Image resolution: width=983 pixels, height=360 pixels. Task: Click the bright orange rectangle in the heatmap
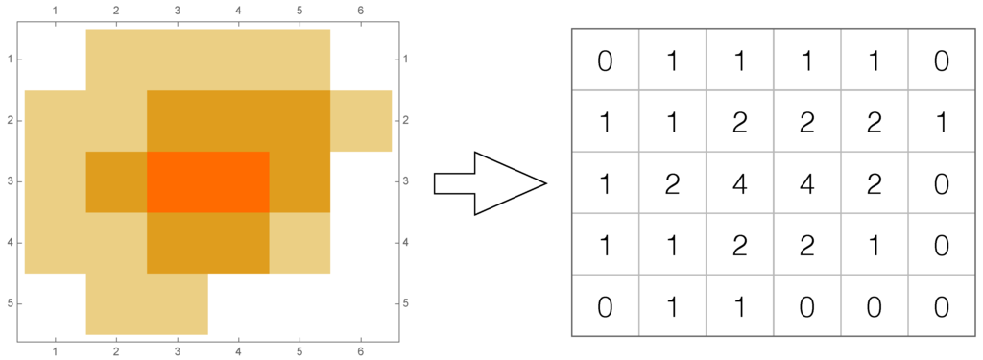coord(207,181)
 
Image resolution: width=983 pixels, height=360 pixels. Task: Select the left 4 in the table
coord(740,182)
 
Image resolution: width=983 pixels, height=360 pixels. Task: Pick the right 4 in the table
coord(807,182)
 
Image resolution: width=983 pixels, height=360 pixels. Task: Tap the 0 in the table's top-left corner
coord(605,61)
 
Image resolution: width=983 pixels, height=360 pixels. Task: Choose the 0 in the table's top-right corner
coord(942,61)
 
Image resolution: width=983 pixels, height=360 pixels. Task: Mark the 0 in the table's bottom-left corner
coord(605,306)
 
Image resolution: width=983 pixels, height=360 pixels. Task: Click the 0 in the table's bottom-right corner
coord(942,306)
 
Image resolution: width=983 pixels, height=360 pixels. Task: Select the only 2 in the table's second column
coord(672,182)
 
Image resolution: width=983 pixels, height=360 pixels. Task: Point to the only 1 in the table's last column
coord(942,123)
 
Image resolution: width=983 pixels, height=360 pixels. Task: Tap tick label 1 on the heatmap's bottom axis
coord(55,352)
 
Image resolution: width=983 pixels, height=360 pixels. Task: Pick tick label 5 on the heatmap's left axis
coord(10,303)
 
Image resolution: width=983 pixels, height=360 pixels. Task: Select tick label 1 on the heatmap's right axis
coord(407,60)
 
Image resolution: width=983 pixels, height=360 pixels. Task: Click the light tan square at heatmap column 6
coord(361,121)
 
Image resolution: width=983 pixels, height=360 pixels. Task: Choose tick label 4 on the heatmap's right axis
coord(407,243)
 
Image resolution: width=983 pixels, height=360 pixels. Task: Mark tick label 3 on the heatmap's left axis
coord(10,181)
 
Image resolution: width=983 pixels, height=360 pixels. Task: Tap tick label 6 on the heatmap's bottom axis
coord(361,352)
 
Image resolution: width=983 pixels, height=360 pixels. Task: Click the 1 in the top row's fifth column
coord(875,61)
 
